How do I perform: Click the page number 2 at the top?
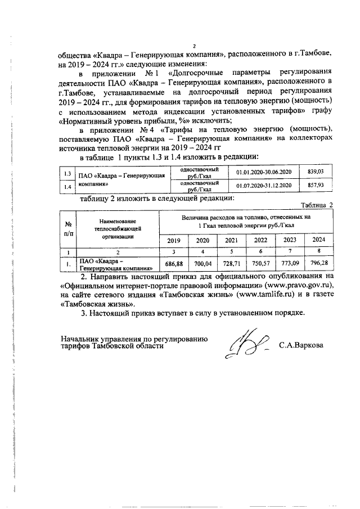tap(194, 46)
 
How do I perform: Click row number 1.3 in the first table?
tap(67, 172)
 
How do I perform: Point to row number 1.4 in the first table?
tap(67, 186)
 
